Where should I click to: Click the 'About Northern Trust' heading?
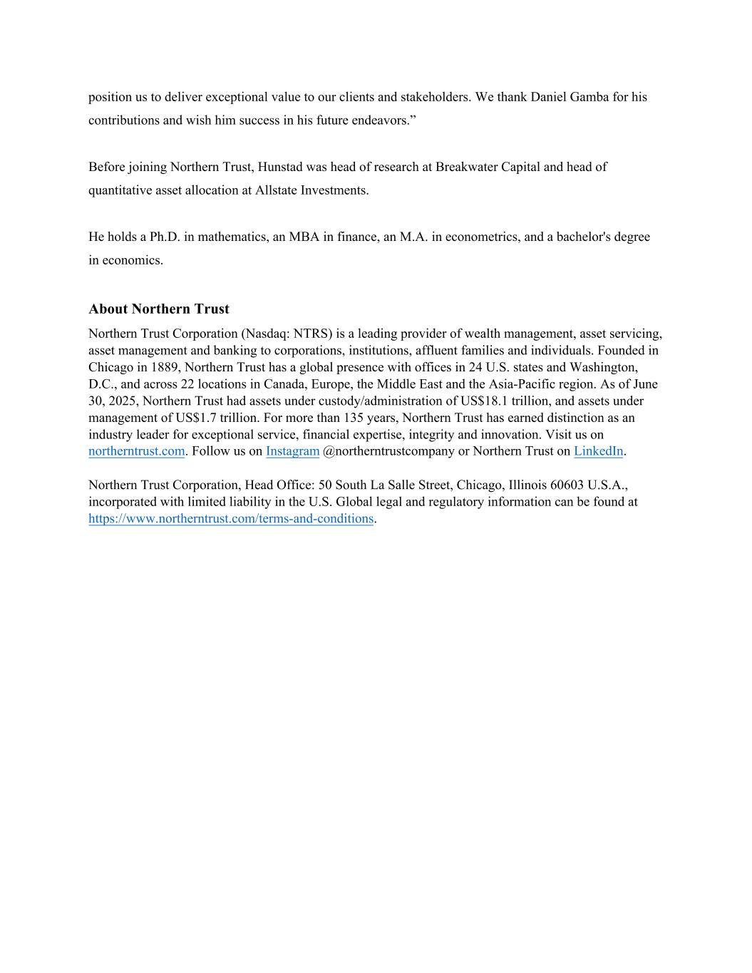pyautogui.click(x=158, y=309)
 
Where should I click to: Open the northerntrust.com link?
pyautogui.click(x=136, y=451)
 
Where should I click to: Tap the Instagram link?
pyautogui.click(x=292, y=451)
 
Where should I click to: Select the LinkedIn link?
pyautogui.click(x=598, y=451)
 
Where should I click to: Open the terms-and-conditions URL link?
pyautogui.click(x=231, y=519)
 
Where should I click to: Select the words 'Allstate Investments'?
pyautogui.click(x=311, y=190)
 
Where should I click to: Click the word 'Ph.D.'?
pyautogui.click(x=165, y=237)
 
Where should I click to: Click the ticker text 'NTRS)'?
pyautogui.click(x=313, y=334)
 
